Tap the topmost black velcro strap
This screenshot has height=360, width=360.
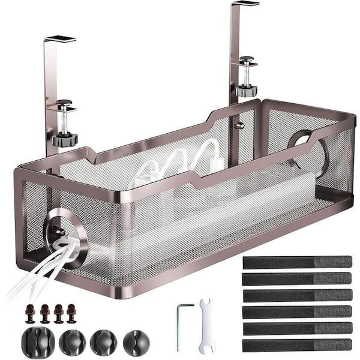[296, 262]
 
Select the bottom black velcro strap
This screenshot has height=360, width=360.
[296, 344]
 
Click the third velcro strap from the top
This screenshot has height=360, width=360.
[296, 295]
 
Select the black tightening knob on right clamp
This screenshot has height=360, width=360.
[246, 90]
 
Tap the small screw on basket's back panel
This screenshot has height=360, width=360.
[238, 125]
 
